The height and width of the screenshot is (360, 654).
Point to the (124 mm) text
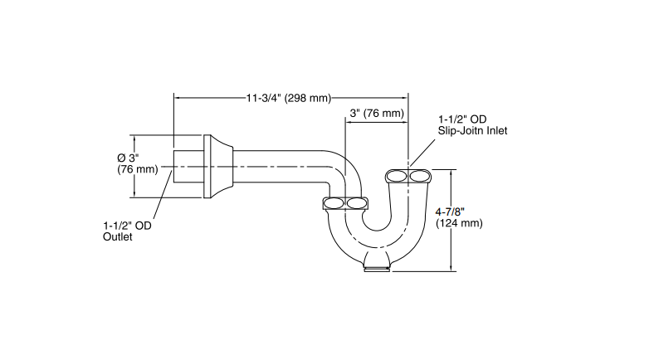pyautogui.click(x=458, y=223)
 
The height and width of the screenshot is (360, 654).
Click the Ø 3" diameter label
pyautogui.click(x=131, y=158)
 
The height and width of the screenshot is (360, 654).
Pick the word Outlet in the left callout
pyautogui.click(x=118, y=237)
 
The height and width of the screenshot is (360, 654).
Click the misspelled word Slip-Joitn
pyautogui.click(x=461, y=130)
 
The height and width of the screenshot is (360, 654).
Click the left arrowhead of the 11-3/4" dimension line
pyautogui.click(x=177, y=98)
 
